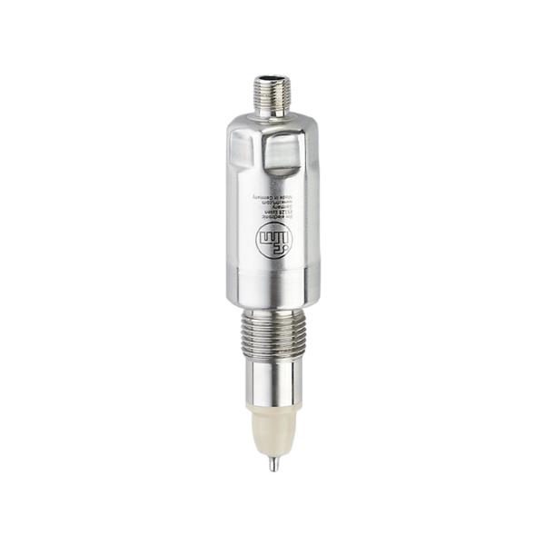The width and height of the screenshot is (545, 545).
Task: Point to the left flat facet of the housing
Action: click(x=238, y=154)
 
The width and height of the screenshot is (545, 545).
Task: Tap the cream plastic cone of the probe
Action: click(x=272, y=436)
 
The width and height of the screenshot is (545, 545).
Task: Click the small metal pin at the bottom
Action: click(x=272, y=463)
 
